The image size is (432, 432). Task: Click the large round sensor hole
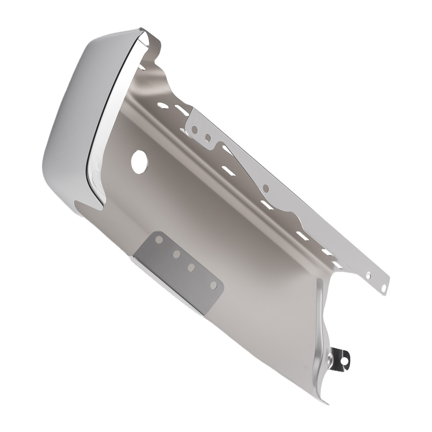click(x=139, y=163)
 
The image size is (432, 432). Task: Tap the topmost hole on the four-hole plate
click(x=159, y=239)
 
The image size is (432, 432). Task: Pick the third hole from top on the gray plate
click(x=191, y=268)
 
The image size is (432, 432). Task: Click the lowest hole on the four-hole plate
click(x=213, y=286)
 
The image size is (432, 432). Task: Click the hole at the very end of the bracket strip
click(x=383, y=288)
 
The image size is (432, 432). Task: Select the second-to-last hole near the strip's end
click(x=368, y=275)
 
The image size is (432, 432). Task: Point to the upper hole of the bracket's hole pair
click(x=194, y=129)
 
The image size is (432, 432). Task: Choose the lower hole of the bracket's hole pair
click(x=208, y=138)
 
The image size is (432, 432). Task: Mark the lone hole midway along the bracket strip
click(x=265, y=188)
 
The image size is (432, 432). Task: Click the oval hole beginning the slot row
click(x=163, y=105)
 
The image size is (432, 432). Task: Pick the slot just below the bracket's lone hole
click(x=267, y=205)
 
